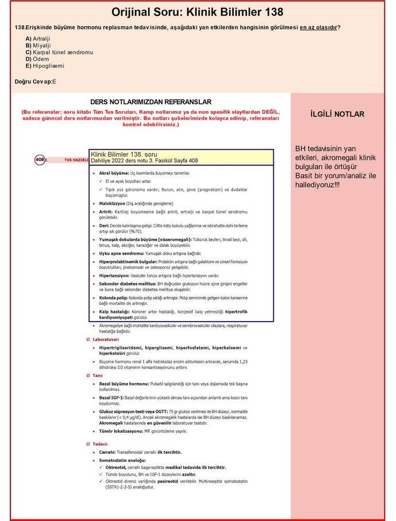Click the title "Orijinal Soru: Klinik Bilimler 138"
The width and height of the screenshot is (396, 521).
coord(197,12)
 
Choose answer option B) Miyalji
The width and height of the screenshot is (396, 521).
coord(37,45)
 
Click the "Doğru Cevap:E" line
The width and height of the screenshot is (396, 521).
coord(36,82)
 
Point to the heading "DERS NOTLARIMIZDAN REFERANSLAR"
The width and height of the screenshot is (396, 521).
coord(151,101)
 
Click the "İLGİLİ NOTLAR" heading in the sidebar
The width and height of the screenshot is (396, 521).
coord(337,114)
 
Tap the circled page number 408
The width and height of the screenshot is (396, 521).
coord(40,160)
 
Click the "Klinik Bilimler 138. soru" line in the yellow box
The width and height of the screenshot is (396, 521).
coord(124,155)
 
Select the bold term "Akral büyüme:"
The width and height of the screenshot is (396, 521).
coord(114,173)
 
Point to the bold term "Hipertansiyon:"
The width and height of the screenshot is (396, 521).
coord(115,276)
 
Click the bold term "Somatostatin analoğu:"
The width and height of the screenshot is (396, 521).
coord(122,460)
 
